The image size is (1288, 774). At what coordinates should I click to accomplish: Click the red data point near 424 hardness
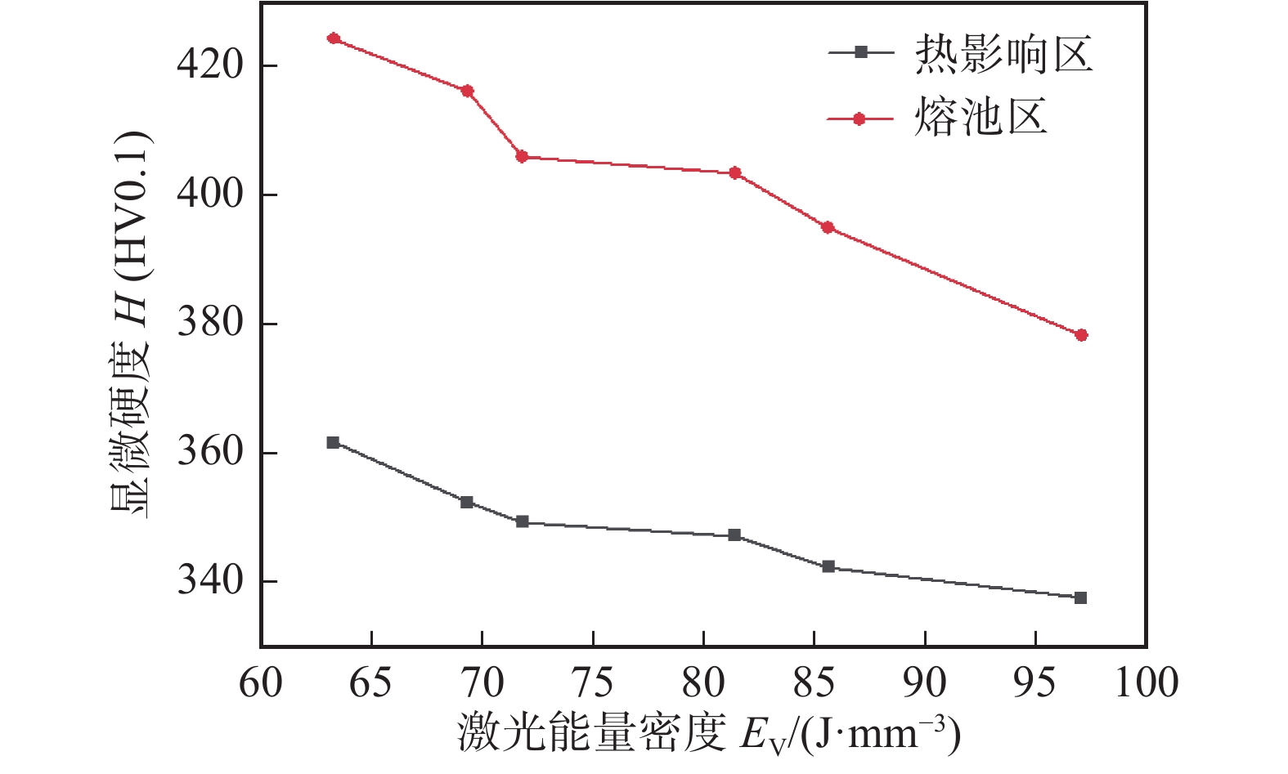coord(334,38)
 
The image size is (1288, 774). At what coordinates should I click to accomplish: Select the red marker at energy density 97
coord(1081,335)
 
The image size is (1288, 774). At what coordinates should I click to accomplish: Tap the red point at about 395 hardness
coord(828,227)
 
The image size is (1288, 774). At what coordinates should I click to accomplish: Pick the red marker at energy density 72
coord(522,156)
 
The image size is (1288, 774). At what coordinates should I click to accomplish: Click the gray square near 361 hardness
coord(333,442)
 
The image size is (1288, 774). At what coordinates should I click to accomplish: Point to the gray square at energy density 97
coord(1080,597)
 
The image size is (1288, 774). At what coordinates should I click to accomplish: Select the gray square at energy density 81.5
coord(734,535)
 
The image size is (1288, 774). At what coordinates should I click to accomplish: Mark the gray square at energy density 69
coord(467,502)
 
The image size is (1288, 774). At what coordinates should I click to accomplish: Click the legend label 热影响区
coord(1003,54)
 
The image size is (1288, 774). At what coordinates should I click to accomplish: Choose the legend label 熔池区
coord(981,118)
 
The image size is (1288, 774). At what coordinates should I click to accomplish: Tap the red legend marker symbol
coord(859,119)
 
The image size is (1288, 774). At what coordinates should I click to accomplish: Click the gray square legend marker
coord(859,52)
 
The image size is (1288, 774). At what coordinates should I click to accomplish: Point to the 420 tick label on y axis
coord(210,65)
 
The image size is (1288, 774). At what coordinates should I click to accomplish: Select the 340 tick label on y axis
coord(210,581)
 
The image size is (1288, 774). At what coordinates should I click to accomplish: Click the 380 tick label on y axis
coord(210,324)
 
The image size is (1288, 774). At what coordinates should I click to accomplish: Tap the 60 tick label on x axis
coord(261,682)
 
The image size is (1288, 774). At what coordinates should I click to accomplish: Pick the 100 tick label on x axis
coord(1147,682)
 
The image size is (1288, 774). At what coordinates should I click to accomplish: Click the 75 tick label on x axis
coord(593,682)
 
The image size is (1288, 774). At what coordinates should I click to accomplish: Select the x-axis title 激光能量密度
coord(592,733)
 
